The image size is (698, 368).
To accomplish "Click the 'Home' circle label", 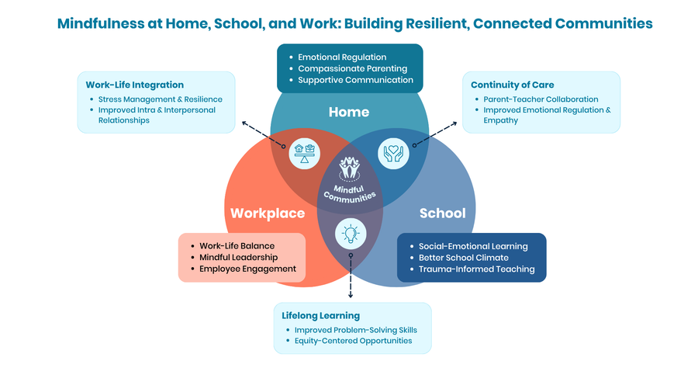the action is pyautogui.click(x=349, y=112).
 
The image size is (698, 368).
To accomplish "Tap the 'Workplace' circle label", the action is pyautogui.click(x=268, y=214).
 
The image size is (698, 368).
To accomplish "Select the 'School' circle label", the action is pyautogui.click(x=443, y=213).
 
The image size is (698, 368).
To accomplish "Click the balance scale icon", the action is pyautogui.click(x=305, y=154).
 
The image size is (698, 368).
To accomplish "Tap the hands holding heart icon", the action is pyautogui.click(x=393, y=154).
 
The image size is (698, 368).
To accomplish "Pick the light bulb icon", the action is pyautogui.click(x=351, y=234).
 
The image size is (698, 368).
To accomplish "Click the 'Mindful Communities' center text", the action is pyautogui.click(x=350, y=194).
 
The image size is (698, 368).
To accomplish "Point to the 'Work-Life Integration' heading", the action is pyautogui.click(x=134, y=85).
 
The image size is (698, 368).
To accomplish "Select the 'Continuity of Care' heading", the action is pyautogui.click(x=513, y=85).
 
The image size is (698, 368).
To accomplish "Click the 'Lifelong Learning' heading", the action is pyautogui.click(x=320, y=315).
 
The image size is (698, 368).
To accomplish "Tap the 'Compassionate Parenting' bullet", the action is pyautogui.click(x=353, y=68).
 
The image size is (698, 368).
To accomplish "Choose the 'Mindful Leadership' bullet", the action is pyautogui.click(x=239, y=257).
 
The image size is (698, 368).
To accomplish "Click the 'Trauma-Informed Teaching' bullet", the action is pyautogui.click(x=477, y=269).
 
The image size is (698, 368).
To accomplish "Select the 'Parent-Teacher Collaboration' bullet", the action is pyautogui.click(x=541, y=99).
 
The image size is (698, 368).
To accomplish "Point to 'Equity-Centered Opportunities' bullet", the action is pyautogui.click(x=354, y=341).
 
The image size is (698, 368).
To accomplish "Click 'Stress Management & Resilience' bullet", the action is pyautogui.click(x=161, y=99).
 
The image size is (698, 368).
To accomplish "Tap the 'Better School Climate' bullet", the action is pyautogui.click(x=464, y=258).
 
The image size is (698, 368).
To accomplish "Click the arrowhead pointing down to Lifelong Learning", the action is pyautogui.click(x=351, y=295).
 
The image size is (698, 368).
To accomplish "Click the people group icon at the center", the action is pyautogui.click(x=350, y=168).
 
